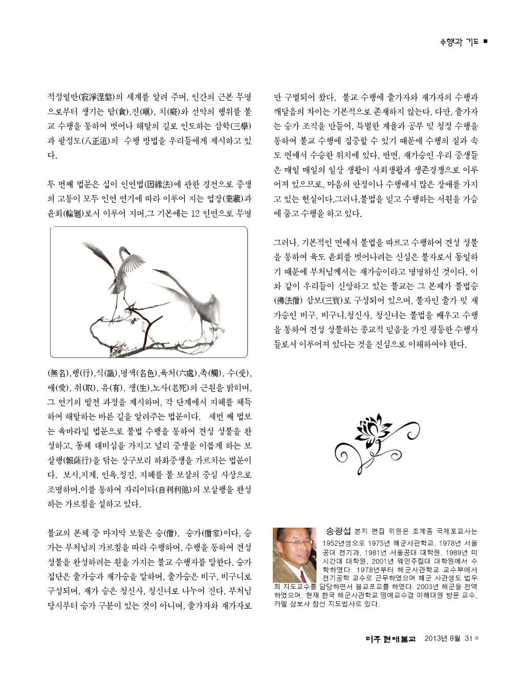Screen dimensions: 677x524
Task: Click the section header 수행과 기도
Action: pyautogui.click(x=459, y=42)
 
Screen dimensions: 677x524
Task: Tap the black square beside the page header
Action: pyautogui.click(x=485, y=41)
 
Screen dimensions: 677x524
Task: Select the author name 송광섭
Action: pyautogui.click(x=338, y=532)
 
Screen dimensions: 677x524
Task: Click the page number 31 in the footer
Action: pyautogui.click(x=468, y=638)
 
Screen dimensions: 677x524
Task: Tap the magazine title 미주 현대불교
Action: pyautogui.click(x=390, y=639)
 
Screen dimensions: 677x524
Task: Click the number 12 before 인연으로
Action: pyautogui.click(x=195, y=213)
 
